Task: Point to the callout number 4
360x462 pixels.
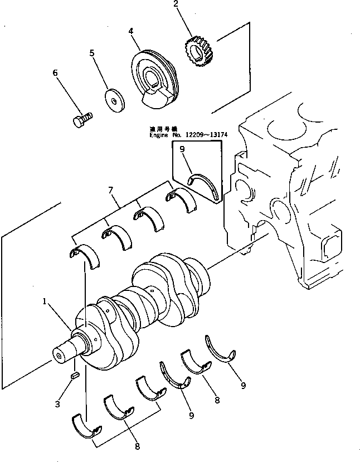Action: pyautogui.click(x=131, y=32)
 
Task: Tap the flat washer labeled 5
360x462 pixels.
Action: pyautogui.click(x=116, y=102)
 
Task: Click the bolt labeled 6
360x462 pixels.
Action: pyautogui.click(x=82, y=119)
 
